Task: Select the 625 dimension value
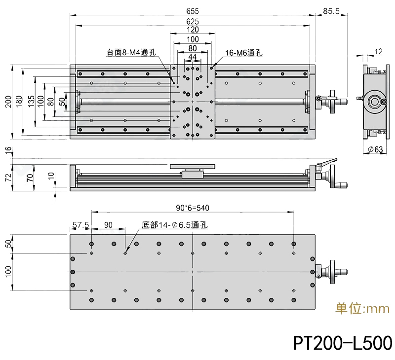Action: (193, 21)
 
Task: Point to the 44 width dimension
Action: (193, 57)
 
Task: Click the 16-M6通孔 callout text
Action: (243, 53)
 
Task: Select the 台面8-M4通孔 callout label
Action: (130, 52)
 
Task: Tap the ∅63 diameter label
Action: (376, 149)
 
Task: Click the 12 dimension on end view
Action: (379, 51)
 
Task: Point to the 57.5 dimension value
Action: (80, 225)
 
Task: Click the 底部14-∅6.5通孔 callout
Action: (175, 225)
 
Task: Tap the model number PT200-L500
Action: (342, 342)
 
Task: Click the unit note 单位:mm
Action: (362, 309)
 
